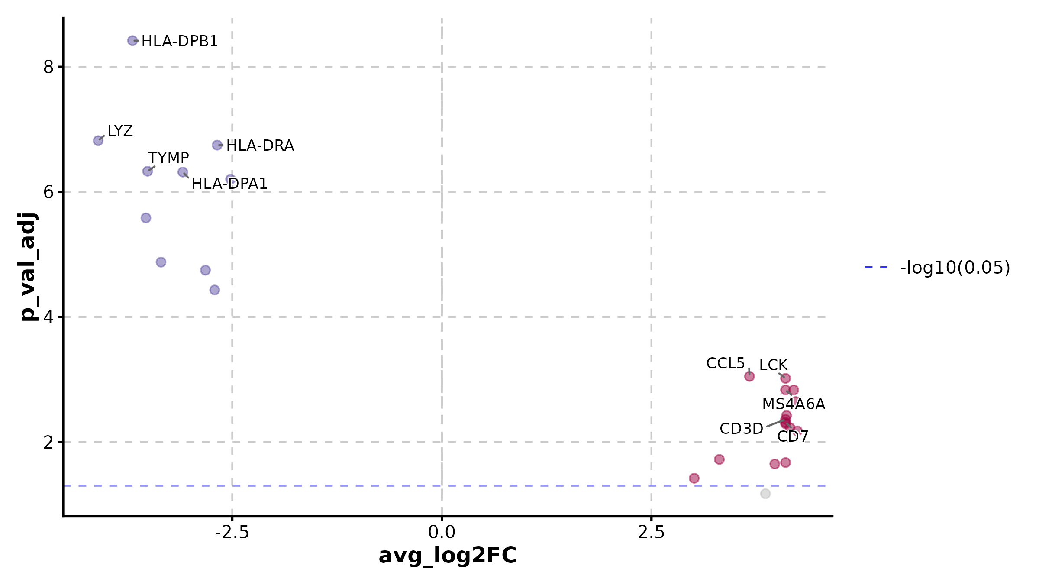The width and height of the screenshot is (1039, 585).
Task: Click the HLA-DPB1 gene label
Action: [x=180, y=41]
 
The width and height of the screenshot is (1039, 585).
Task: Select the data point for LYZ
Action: [x=98, y=141]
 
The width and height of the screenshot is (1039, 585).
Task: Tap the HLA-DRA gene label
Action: [x=260, y=145]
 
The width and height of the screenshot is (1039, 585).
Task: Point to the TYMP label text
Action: [x=168, y=158]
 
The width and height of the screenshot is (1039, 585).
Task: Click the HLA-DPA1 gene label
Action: [x=229, y=184]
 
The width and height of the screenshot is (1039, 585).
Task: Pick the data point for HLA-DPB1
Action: [x=132, y=41]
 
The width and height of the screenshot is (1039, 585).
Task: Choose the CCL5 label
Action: [x=725, y=363]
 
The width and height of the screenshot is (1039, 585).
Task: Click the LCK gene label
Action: [x=773, y=365]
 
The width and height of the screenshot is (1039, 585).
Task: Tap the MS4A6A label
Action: [x=794, y=404]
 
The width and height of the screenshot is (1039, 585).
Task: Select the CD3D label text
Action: [x=741, y=429]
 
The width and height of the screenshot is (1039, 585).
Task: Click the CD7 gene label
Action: [x=793, y=436]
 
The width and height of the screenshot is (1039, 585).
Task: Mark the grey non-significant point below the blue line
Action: [x=765, y=494]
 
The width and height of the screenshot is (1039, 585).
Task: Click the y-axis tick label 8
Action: [x=48, y=67]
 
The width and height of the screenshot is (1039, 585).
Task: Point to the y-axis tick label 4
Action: [x=48, y=317]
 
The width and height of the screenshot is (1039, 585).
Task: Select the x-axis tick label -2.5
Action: [x=232, y=533]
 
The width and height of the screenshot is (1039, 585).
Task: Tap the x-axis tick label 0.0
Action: [x=442, y=533]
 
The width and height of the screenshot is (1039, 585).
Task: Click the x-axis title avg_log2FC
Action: [x=448, y=556]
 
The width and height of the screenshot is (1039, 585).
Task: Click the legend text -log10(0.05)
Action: [x=955, y=268]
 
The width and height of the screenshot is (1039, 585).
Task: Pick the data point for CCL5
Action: [x=749, y=376]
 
